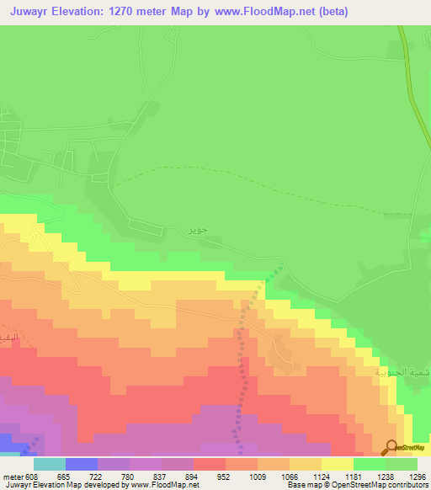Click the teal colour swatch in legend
tap(49, 464)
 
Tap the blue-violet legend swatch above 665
tap(81, 464)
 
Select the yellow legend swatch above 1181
tap(337, 464)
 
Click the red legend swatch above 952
tap(209, 464)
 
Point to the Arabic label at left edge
tap(8, 333)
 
